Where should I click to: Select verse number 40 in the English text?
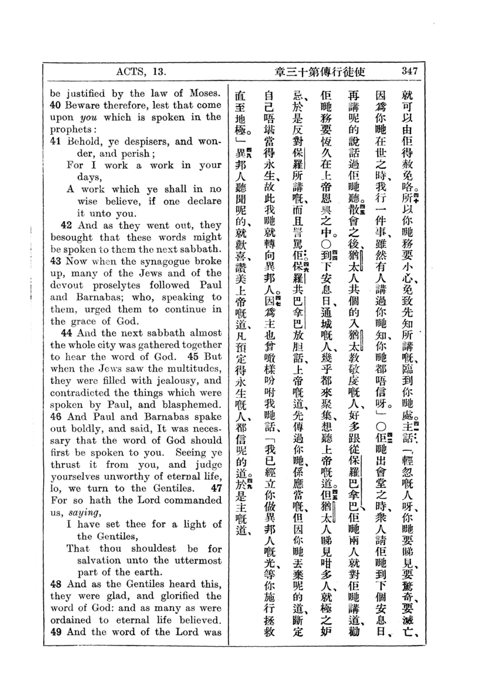[x=55, y=106]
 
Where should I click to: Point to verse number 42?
[x=66, y=225]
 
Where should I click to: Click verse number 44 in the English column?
[x=66, y=333]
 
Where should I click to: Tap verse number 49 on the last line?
[x=55, y=632]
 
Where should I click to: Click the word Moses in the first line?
[x=205, y=93]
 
